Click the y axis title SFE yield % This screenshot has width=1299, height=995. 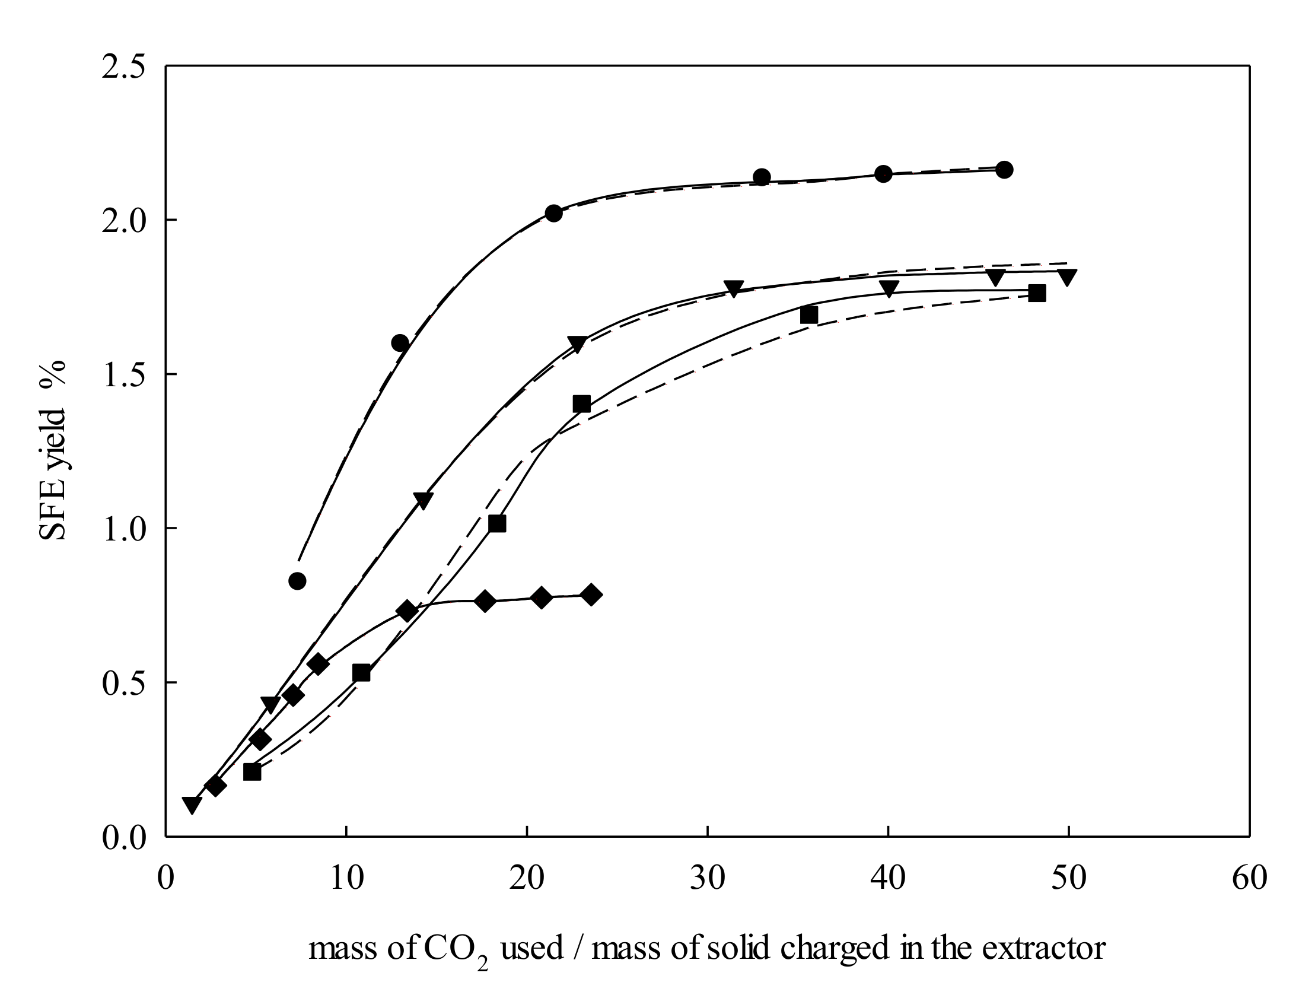point(52,451)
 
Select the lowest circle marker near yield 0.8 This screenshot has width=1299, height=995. point(297,581)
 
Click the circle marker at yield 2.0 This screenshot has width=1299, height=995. point(553,213)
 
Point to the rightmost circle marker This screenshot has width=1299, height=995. point(1004,170)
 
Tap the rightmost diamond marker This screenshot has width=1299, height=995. point(591,595)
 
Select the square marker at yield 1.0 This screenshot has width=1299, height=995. point(497,523)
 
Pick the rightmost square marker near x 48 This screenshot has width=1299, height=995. point(1037,293)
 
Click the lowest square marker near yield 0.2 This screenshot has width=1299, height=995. point(252,772)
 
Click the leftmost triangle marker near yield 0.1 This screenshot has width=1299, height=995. point(192,805)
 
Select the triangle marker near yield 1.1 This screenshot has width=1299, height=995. point(424,500)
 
